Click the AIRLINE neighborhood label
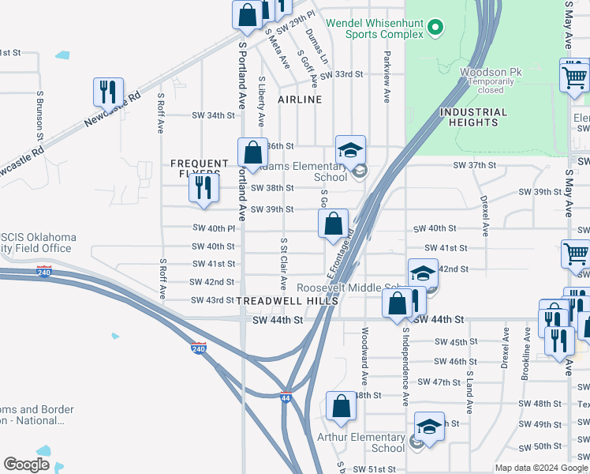(300, 100)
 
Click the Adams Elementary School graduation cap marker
(350, 149)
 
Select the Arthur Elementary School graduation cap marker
(429, 427)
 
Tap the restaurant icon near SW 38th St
(204, 187)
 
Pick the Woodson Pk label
(491, 72)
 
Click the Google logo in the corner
(26, 465)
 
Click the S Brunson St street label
(39, 115)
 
